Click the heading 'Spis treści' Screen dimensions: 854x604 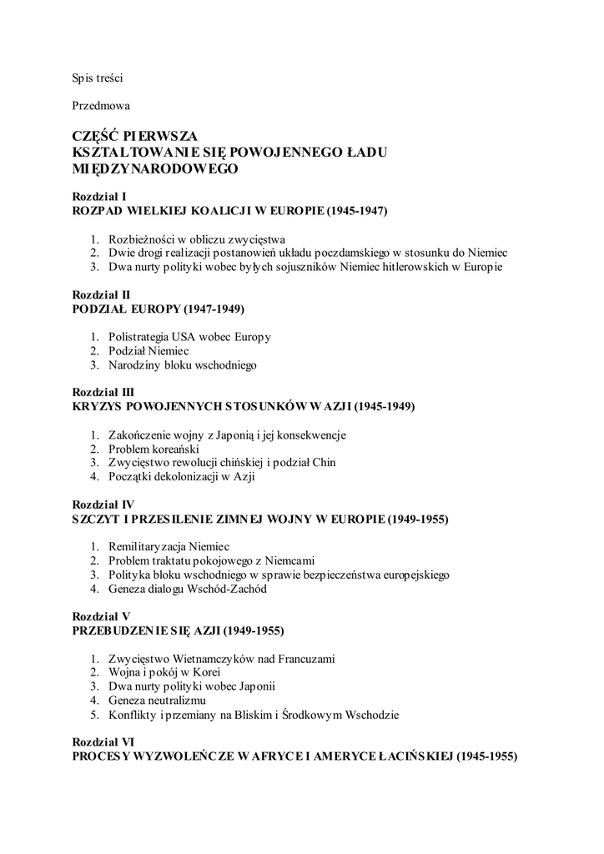[x=98, y=78]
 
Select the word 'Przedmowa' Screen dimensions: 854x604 [x=101, y=106]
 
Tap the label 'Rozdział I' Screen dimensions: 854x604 [x=99, y=197]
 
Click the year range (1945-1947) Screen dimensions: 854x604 [x=358, y=211]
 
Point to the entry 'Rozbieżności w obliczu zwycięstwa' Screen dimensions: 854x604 [x=197, y=238]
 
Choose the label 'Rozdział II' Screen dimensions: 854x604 [x=101, y=294]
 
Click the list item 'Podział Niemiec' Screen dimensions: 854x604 [x=148, y=351]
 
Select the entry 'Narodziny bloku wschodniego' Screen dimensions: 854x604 [x=182, y=365]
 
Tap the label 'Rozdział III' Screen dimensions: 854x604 [x=103, y=392]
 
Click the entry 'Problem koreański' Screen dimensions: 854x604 [x=153, y=449]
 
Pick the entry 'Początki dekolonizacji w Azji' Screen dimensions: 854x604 [x=181, y=477]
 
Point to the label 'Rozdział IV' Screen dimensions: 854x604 [x=103, y=505]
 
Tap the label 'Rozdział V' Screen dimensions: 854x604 [x=101, y=615]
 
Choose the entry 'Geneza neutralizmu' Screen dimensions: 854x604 [x=157, y=701]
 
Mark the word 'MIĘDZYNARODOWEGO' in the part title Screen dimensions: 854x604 [x=156, y=168]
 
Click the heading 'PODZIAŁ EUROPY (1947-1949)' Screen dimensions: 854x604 [x=159, y=309]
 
